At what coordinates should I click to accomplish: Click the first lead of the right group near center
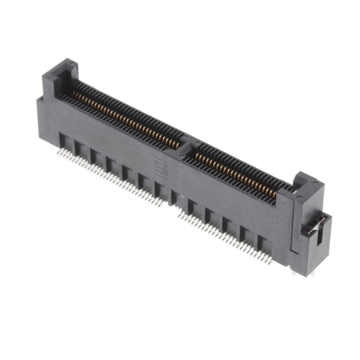click(180, 214)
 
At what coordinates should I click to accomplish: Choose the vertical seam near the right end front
click(291, 225)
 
